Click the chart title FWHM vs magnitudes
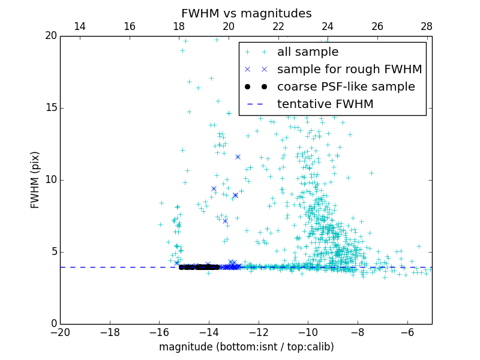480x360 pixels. [246, 13]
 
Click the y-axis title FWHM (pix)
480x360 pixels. [35, 179]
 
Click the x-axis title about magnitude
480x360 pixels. [246, 347]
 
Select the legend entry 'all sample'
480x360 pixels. [308, 52]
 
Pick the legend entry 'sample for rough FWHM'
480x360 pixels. [349, 70]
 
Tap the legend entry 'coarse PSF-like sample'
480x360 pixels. [346, 87]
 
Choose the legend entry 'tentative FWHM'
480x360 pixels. [325, 104]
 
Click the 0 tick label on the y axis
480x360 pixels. [53, 324]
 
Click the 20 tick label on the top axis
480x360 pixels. [229, 26]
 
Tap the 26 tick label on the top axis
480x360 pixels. [377, 26]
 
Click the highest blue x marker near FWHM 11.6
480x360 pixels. [238, 157]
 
